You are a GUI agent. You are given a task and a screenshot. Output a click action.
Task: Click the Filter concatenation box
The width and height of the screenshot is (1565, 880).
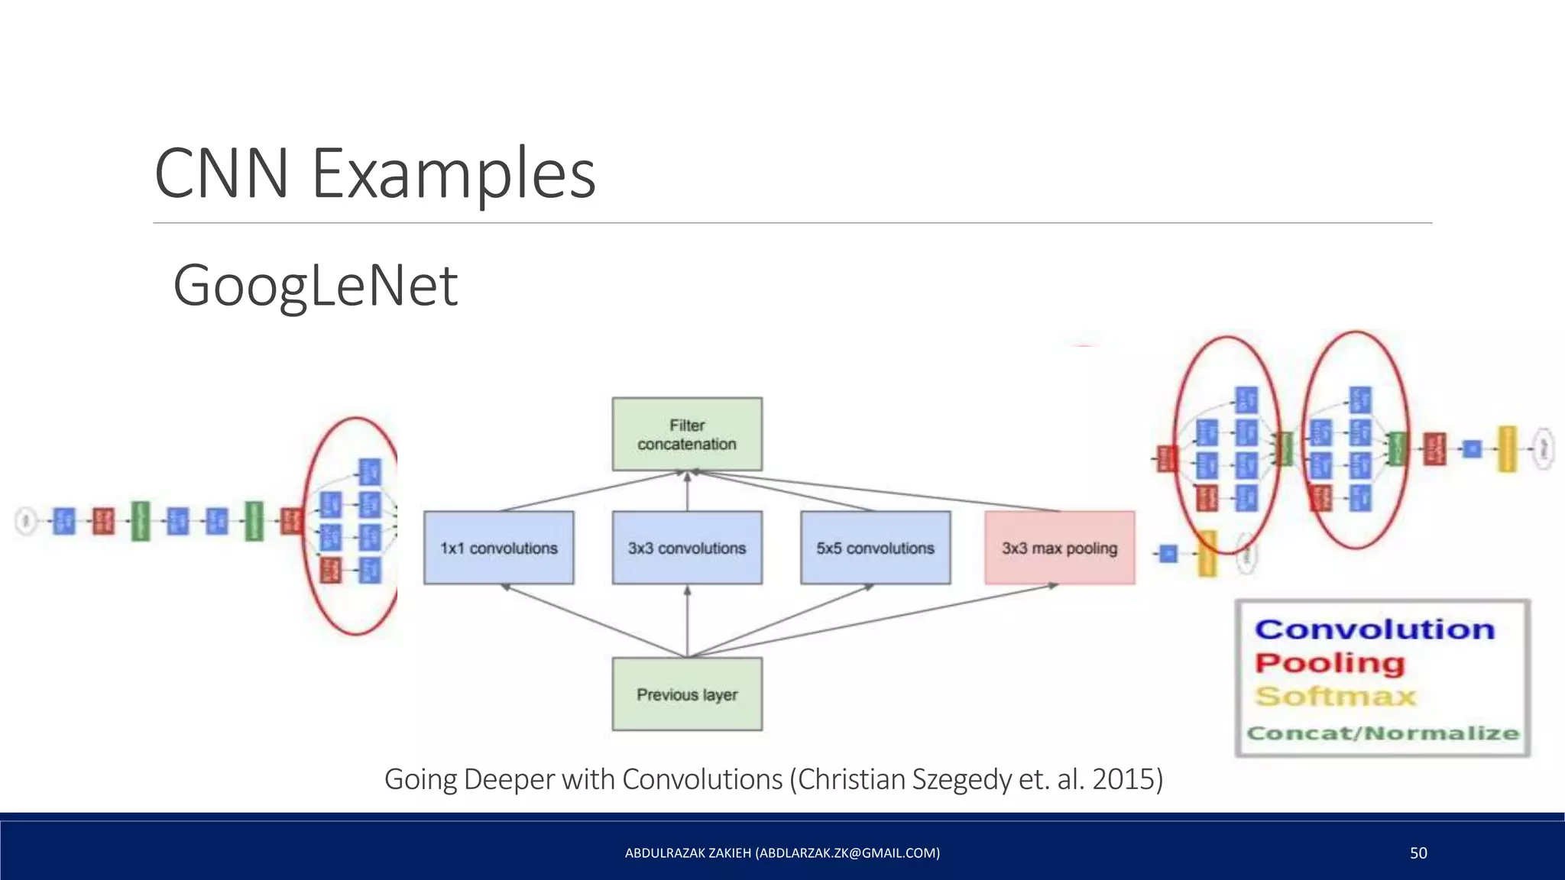click(x=687, y=434)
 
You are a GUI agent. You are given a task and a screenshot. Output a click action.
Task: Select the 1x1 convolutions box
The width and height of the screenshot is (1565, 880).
click(x=498, y=548)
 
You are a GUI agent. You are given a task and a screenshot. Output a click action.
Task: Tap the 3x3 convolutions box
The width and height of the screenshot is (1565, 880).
click(x=687, y=548)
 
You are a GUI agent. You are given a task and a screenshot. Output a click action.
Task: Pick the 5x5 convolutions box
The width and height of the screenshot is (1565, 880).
click(x=875, y=548)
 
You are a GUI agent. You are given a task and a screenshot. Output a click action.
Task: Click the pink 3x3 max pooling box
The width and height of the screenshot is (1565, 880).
click(x=1059, y=548)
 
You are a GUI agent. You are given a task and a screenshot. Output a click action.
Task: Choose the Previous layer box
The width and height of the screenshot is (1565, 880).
click(x=687, y=694)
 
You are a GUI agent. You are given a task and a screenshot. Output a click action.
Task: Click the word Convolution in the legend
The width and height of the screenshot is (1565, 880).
click(x=1374, y=629)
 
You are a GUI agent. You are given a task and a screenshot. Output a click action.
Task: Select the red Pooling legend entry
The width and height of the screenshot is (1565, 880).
click(x=1330, y=663)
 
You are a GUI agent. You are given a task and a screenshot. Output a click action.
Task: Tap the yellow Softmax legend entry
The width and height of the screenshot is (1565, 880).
click(x=1336, y=696)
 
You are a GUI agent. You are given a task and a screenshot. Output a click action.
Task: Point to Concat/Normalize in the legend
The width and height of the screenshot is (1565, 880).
click(x=1382, y=733)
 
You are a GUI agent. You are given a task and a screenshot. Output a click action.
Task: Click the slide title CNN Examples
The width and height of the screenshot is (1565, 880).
click(x=374, y=173)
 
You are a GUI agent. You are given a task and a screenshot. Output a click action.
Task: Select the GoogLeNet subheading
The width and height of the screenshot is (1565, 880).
click(x=315, y=285)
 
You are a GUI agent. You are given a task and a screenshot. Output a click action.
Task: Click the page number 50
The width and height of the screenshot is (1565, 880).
click(x=1418, y=853)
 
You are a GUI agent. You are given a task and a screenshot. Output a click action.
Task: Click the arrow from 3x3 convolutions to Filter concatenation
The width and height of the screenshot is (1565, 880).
click(x=687, y=491)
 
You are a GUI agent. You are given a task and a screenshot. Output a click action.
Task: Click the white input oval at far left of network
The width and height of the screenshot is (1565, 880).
click(x=26, y=522)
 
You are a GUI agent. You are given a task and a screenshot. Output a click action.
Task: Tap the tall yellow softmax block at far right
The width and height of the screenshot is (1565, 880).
click(x=1507, y=448)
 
